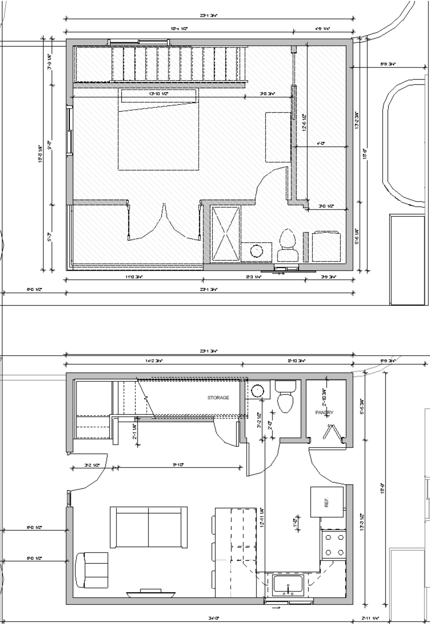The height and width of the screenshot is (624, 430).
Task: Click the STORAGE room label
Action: [218, 398]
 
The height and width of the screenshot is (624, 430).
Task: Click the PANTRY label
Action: [324, 412]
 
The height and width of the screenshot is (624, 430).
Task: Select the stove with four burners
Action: [333, 545]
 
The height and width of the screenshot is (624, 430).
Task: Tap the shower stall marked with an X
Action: [225, 234]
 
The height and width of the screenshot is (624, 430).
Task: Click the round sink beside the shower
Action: [257, 252]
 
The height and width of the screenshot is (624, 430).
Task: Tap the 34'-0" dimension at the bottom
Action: [214, 618]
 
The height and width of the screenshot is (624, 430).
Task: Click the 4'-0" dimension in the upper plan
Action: [321, 144]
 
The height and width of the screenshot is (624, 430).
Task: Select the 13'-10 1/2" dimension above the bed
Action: [158, 93]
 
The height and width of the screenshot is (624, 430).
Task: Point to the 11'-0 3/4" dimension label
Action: [134, 277]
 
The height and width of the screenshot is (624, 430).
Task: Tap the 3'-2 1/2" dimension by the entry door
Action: [92, 465]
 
